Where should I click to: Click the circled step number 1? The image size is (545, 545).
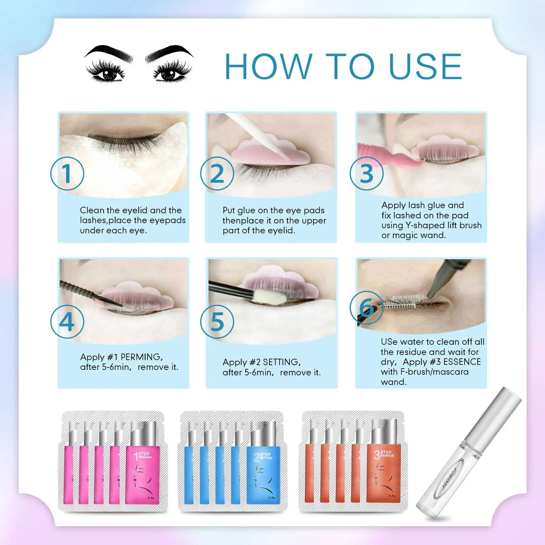[x=67, y=173]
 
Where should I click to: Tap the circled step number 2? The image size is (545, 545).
[x=217, y=173]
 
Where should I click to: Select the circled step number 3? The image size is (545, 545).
[x=367, y=173]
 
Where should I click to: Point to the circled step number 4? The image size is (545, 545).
[x=67, y=322]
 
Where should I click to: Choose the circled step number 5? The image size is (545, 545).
[x=217, y=322]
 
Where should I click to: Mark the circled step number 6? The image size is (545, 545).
[x=367, y=308]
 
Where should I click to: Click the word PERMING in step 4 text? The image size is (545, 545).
[x=141, y=357]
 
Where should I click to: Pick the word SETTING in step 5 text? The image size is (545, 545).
[x=281, y=362]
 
